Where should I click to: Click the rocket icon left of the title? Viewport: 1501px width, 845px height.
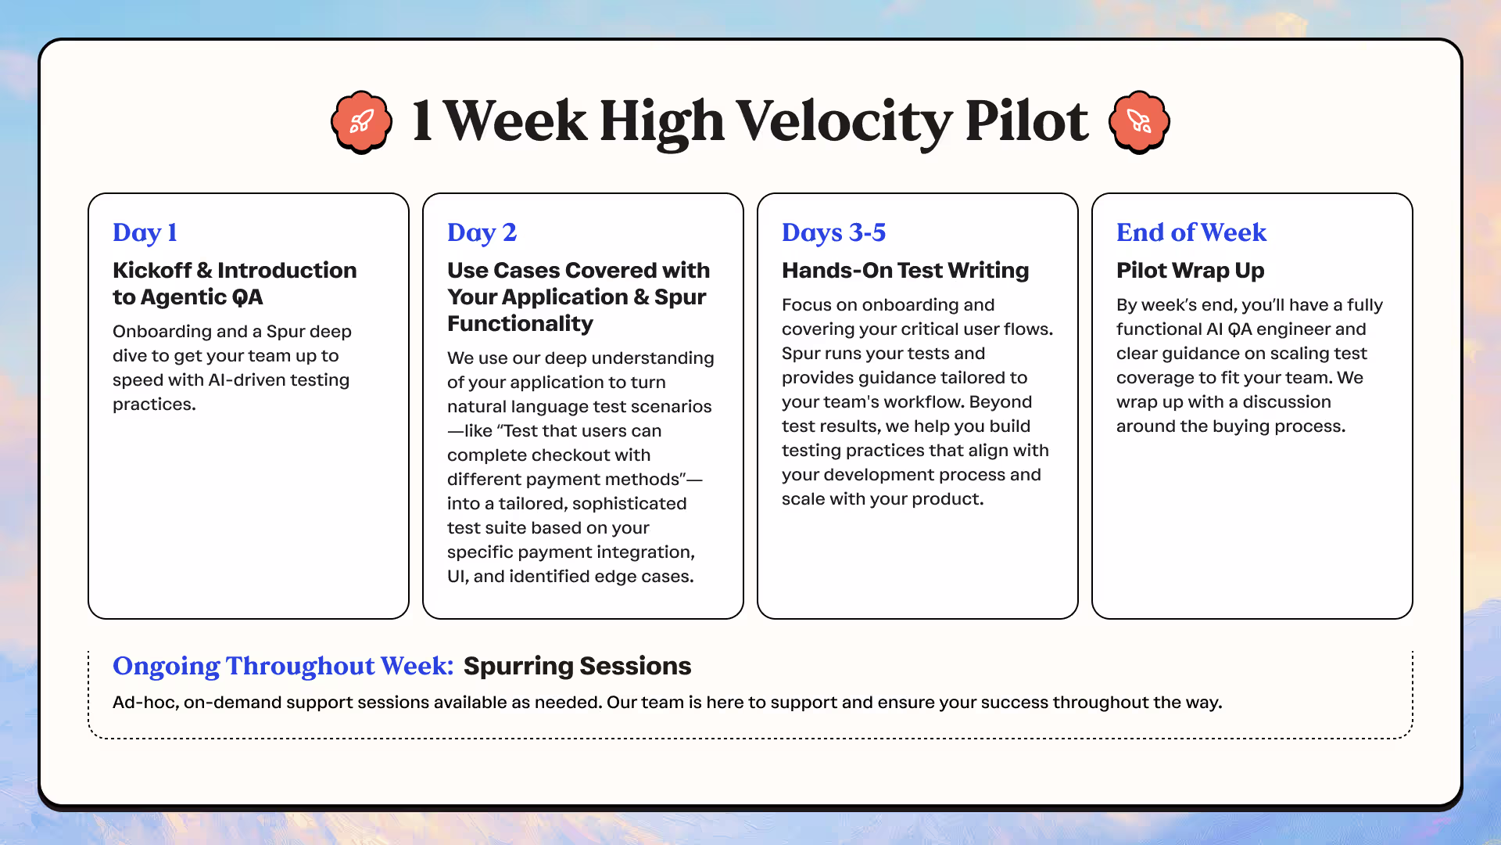(x=361, y=122)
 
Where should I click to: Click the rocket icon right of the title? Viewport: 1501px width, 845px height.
(x=1139, y=122)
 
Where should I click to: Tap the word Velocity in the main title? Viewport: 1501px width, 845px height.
(x=844, y=123)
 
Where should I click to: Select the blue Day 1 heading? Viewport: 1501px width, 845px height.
(x=145, y=232)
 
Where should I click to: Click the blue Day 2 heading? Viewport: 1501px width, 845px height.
(x=482, y=232)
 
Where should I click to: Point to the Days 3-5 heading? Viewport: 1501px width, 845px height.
(x=833, y=232)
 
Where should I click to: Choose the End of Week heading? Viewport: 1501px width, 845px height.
(x=1191, y=232)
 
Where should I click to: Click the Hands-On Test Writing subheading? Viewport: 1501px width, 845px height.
(x=905, y=270)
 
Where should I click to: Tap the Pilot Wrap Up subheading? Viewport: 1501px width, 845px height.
(x=1190, y=271)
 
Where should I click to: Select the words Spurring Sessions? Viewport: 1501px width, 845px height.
(x=577, y=666)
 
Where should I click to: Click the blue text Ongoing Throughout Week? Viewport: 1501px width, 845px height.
(x=283, y=666)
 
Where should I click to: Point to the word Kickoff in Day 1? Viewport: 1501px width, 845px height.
(x=152, y=270)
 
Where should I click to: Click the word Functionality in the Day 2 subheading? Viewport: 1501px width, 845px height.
(x=520, y=324)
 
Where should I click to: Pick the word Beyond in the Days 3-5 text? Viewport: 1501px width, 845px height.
(x=1001, y=402)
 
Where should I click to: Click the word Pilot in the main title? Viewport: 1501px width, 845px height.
(x=1026, y=123)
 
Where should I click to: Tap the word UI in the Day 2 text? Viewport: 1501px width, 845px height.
(x=457, y=577)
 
